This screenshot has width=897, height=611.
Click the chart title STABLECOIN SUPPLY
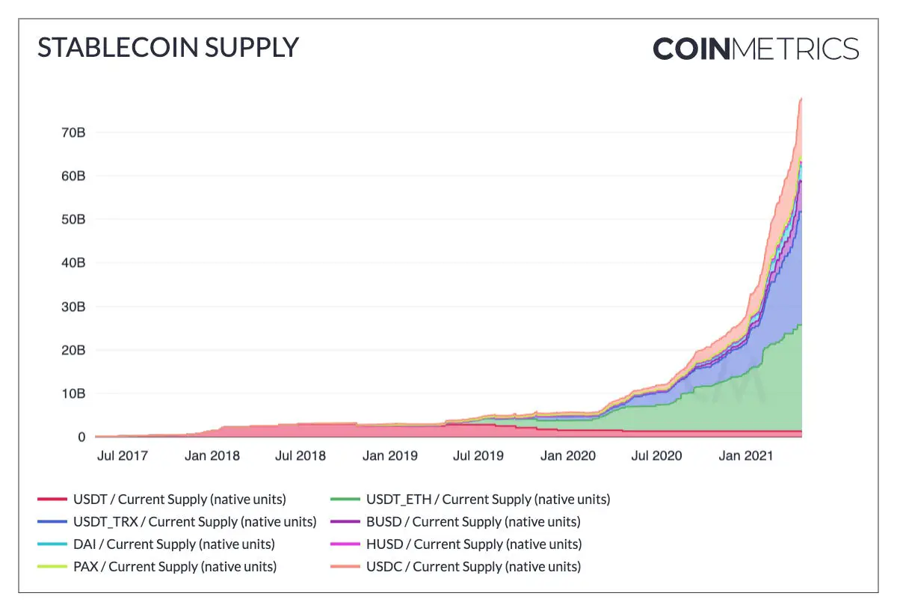coord(168,48)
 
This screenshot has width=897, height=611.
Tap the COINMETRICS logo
coord(756,49)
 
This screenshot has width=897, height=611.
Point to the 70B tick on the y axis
coord(72,133)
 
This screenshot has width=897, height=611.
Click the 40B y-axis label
coord(72,263)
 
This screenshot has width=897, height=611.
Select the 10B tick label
coord(72,394)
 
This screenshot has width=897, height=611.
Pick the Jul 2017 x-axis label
coord(123,455)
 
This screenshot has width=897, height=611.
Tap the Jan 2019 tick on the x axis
coord(390,455)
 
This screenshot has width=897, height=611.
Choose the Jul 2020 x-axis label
coord(656,455)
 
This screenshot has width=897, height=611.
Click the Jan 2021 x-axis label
coord(745,455)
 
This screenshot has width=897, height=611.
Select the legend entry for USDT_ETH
coord(488,500)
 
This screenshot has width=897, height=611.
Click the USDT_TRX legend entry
coord(194,522)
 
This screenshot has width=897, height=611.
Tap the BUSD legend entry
coord(473,522)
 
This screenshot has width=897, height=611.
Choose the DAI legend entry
coord(174,544)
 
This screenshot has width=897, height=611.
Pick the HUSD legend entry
coord(474,544)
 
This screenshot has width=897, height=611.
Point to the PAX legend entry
coord(175,567)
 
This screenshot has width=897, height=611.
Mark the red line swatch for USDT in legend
coord(52,500)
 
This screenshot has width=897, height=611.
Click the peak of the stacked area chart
coord(801,99)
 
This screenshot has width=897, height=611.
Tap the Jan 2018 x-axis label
coord(212,455)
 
